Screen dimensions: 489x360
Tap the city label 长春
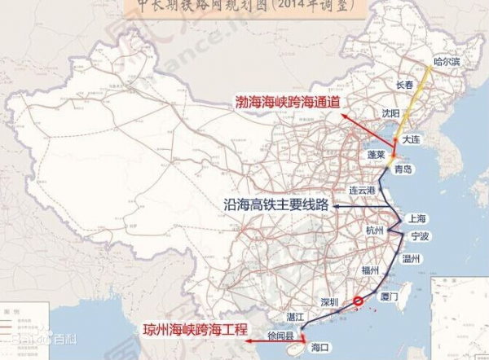[x=405, y=85]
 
